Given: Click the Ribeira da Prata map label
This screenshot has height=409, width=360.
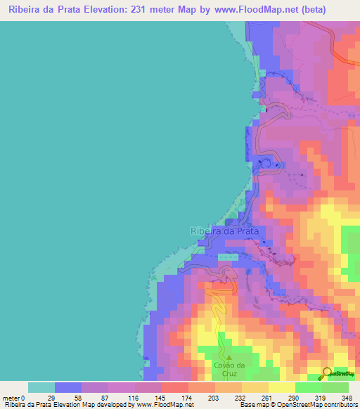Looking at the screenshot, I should (x=224, y=231).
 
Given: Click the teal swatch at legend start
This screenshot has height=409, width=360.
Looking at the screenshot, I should (x=41, y=387).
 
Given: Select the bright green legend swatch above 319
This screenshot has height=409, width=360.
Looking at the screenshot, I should (x=309, y=387).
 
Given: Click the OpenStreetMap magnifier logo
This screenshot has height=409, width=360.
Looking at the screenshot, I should (x=326, y=373).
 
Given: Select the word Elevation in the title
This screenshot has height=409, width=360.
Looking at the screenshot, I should (x=114, y=10).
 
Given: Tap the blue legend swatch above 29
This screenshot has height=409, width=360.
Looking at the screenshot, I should (x=68, y=387).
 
